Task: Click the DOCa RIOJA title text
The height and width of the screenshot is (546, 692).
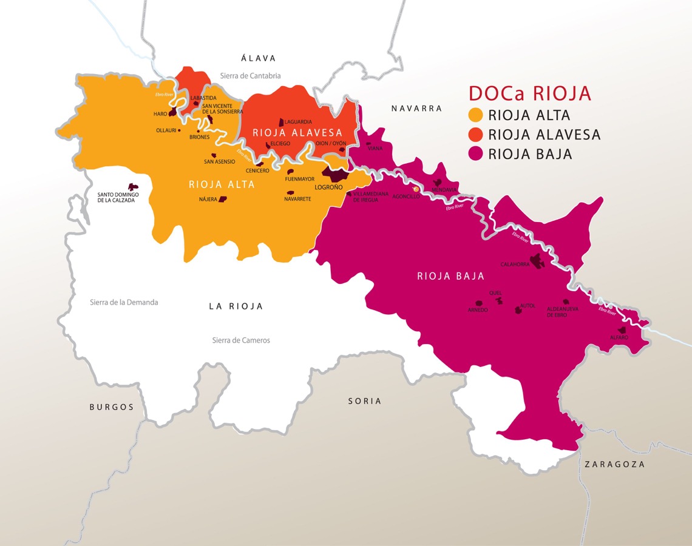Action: tap(529, 93)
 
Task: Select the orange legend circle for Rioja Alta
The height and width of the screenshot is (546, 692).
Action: tap(476, 115)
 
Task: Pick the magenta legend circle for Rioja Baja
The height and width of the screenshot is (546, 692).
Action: tap(476, 154)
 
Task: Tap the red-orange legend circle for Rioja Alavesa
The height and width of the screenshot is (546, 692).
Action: tap(476, 135)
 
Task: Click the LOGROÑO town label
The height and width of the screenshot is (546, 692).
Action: tap(328, 187)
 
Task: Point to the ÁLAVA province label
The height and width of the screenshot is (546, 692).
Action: tap(258, 58)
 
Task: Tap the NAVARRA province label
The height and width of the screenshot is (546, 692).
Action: tap(416, 109)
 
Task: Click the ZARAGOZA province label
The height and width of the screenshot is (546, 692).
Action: tap(614, 464)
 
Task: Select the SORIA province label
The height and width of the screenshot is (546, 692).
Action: tap(365, 401)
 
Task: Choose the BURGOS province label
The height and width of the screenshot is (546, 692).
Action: tap(112, 407)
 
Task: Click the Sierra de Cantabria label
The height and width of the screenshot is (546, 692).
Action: tap(250, 76)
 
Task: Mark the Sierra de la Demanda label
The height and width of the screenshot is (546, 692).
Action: tap(124, 302)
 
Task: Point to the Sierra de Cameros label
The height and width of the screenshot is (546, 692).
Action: tap(241, 340)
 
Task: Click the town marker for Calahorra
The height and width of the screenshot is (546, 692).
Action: tap(537, 261)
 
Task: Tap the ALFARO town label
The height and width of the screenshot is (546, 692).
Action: tap(619, 337)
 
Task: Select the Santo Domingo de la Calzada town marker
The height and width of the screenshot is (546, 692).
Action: tap(132, 187)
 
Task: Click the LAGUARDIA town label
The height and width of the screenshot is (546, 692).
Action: tap(298, 122)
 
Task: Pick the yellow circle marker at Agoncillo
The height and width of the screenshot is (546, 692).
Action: tap(416, 189)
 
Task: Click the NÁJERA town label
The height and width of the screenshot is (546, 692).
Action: tap(208, 200)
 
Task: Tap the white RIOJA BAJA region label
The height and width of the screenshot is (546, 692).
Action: tap(450, 277)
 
